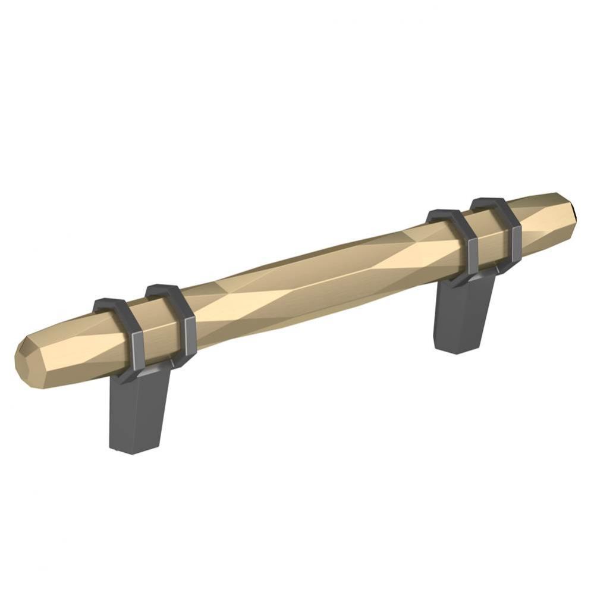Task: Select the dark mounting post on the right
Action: (x=464, y=315)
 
